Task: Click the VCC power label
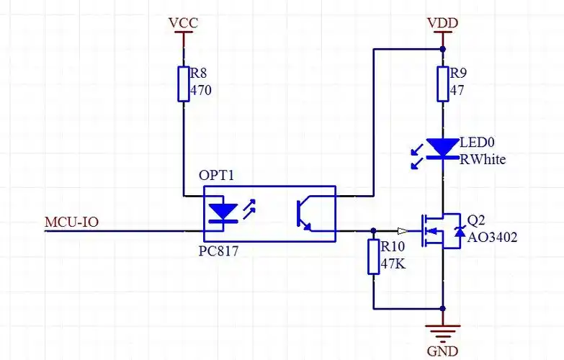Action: [x=183, y=23]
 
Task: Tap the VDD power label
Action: [x=442, y=23]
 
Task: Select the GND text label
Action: [x=442, y=351]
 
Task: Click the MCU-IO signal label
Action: [x=71, y=222]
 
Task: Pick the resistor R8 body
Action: [x=184, y=84]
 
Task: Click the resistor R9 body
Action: [x=442, y=84]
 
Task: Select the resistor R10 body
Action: [x=373, y=256]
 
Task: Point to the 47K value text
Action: [x=393, y=264]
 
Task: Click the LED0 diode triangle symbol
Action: [x=442, y=148]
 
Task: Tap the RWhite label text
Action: [x=483, y=159]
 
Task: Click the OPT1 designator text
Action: [x=217, y=176]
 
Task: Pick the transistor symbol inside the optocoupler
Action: [x=305, y=214]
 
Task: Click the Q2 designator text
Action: [x=476, y=220]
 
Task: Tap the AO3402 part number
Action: [x=493, y=236]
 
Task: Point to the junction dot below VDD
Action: [x=442, y=49]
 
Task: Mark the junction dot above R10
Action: [x=373, y=231]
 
